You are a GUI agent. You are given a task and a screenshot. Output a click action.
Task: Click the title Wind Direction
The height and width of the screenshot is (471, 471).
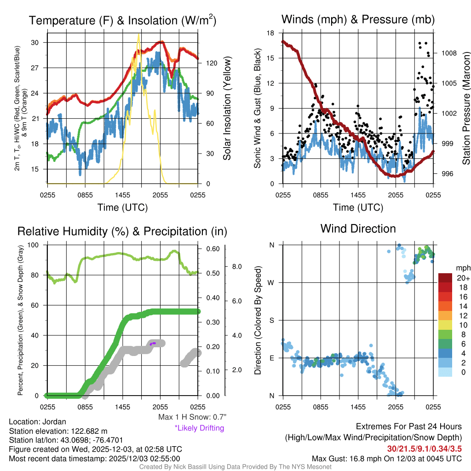pos(358,229)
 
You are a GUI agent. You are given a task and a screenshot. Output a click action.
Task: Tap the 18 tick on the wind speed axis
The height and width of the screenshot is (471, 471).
pos(271,33)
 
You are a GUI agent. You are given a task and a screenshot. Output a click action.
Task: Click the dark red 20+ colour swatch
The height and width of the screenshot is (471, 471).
pos(446,278)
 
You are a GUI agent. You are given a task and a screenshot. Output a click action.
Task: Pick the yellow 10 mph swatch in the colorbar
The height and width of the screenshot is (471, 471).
pos(446,325)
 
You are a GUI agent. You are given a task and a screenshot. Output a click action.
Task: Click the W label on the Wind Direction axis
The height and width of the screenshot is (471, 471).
pos(271,282)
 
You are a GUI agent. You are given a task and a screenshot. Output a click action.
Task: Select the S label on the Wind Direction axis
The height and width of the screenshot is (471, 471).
pos(272,320)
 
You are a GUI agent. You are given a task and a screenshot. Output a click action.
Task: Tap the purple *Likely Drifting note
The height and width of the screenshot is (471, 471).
pos(199,428)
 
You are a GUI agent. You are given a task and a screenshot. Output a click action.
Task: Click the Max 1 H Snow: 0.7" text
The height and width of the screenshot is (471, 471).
pos(192,417)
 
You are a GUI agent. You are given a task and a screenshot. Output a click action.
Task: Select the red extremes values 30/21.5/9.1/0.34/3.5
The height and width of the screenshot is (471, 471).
pos(424,448)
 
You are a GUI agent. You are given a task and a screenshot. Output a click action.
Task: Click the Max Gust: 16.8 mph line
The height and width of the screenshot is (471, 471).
pos(386,458)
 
